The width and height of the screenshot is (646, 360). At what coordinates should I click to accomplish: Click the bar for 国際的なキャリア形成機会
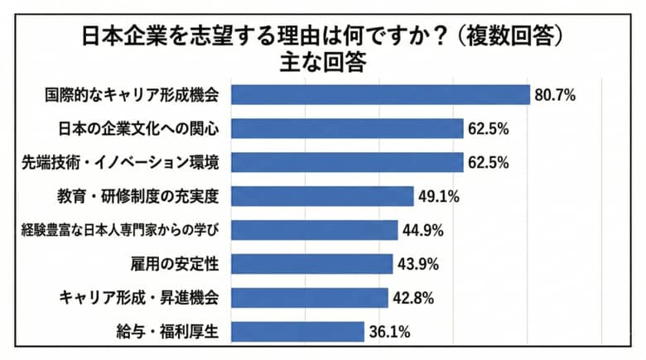379,94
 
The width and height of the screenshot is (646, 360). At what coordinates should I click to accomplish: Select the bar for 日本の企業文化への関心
346,128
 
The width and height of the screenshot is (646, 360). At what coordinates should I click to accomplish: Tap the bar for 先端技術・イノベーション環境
346,162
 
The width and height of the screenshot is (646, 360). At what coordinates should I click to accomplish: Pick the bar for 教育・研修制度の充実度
321,196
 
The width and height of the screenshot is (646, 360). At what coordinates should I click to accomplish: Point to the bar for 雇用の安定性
311,264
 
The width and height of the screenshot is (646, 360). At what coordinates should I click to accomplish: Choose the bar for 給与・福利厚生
297,332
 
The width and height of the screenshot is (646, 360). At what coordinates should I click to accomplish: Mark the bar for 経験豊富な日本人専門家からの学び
314,230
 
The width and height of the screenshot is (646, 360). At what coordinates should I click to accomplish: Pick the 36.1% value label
388,333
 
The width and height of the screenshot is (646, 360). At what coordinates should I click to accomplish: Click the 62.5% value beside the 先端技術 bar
488,163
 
